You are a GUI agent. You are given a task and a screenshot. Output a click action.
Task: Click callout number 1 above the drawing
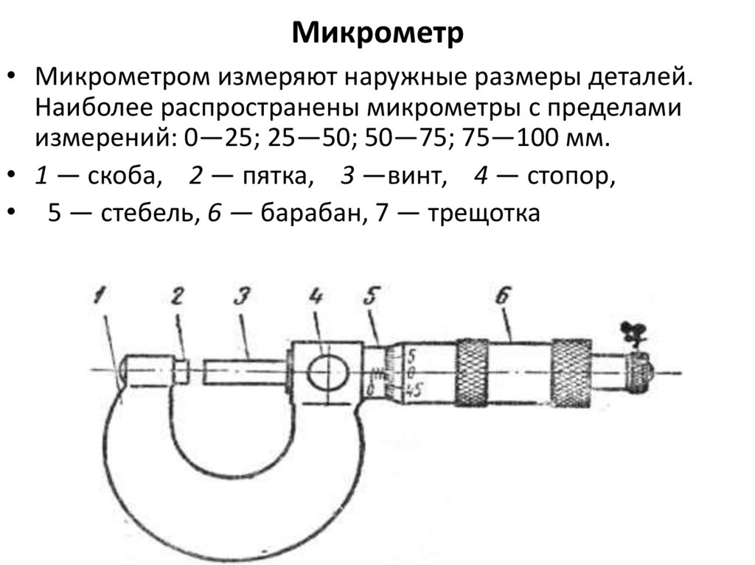[100, 298]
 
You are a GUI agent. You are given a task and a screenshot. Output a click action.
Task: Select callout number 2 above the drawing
[177, 297]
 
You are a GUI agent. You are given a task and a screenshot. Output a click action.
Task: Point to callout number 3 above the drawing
[240, 297]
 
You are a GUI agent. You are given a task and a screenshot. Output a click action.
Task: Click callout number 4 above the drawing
[316, 297]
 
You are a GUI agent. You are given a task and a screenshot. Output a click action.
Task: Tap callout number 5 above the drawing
[371, 297]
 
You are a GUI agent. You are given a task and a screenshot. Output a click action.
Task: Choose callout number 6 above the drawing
[504, 297]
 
